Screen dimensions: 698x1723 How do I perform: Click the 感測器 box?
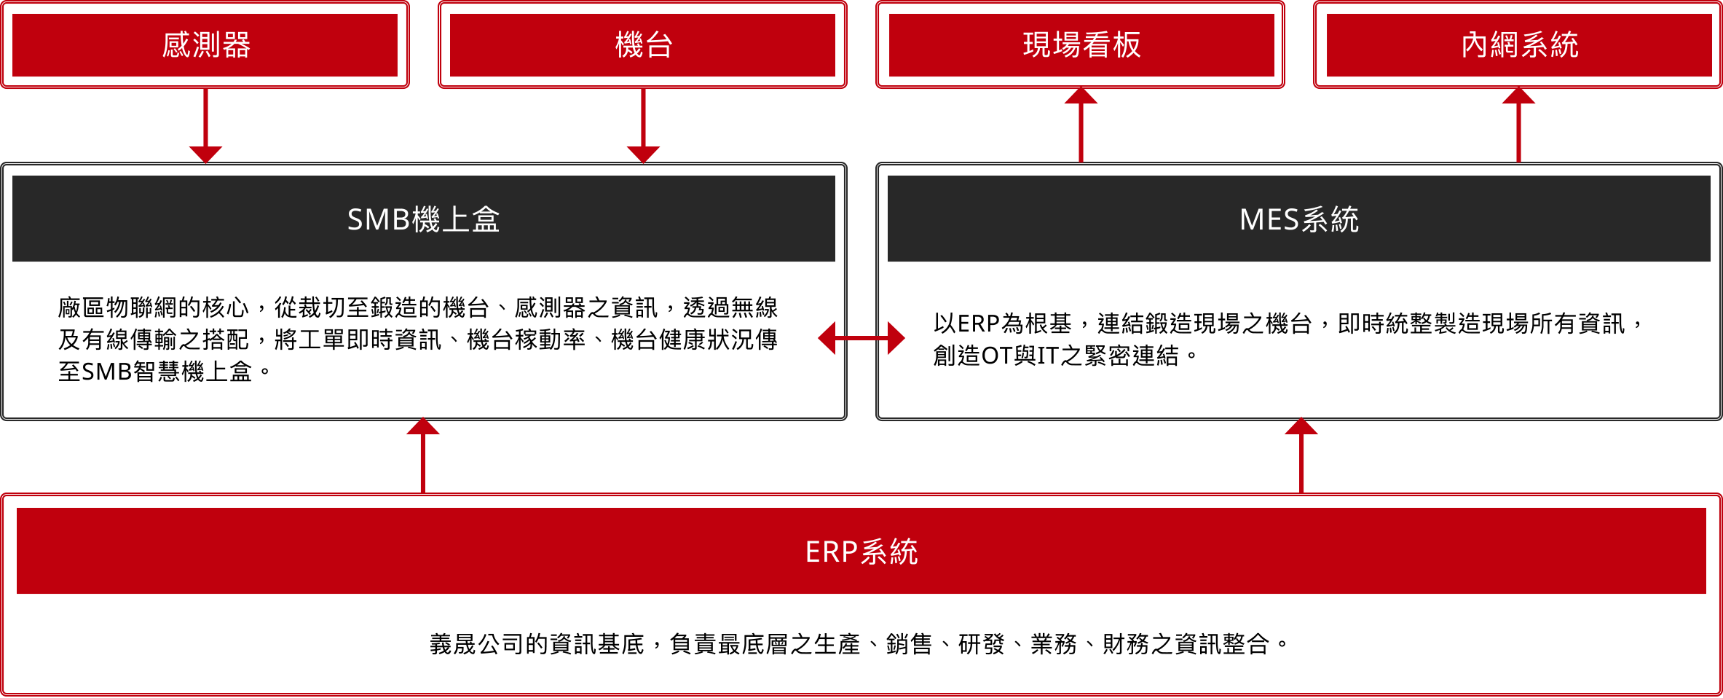205,45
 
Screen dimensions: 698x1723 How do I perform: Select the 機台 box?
642,45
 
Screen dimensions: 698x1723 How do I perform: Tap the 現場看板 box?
1081,45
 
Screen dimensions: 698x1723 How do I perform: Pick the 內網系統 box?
1518,45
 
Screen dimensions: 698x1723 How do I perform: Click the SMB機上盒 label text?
423,219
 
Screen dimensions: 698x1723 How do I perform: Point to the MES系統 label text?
1298,219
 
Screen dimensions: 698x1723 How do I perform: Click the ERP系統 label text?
861,552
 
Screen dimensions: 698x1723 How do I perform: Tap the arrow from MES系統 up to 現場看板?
1081,128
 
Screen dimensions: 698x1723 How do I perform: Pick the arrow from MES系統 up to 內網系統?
1518,128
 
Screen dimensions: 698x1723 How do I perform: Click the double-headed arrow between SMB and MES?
861,338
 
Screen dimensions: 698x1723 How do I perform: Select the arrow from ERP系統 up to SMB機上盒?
423,459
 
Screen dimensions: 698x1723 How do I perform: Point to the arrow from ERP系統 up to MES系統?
1301,459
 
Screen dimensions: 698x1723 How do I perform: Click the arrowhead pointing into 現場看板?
1081,97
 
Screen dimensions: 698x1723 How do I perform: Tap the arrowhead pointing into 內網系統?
1518,97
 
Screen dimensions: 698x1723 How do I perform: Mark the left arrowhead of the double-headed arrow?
827,338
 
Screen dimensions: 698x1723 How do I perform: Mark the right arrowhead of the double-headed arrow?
896,338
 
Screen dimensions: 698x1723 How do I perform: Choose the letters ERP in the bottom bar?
831,552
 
